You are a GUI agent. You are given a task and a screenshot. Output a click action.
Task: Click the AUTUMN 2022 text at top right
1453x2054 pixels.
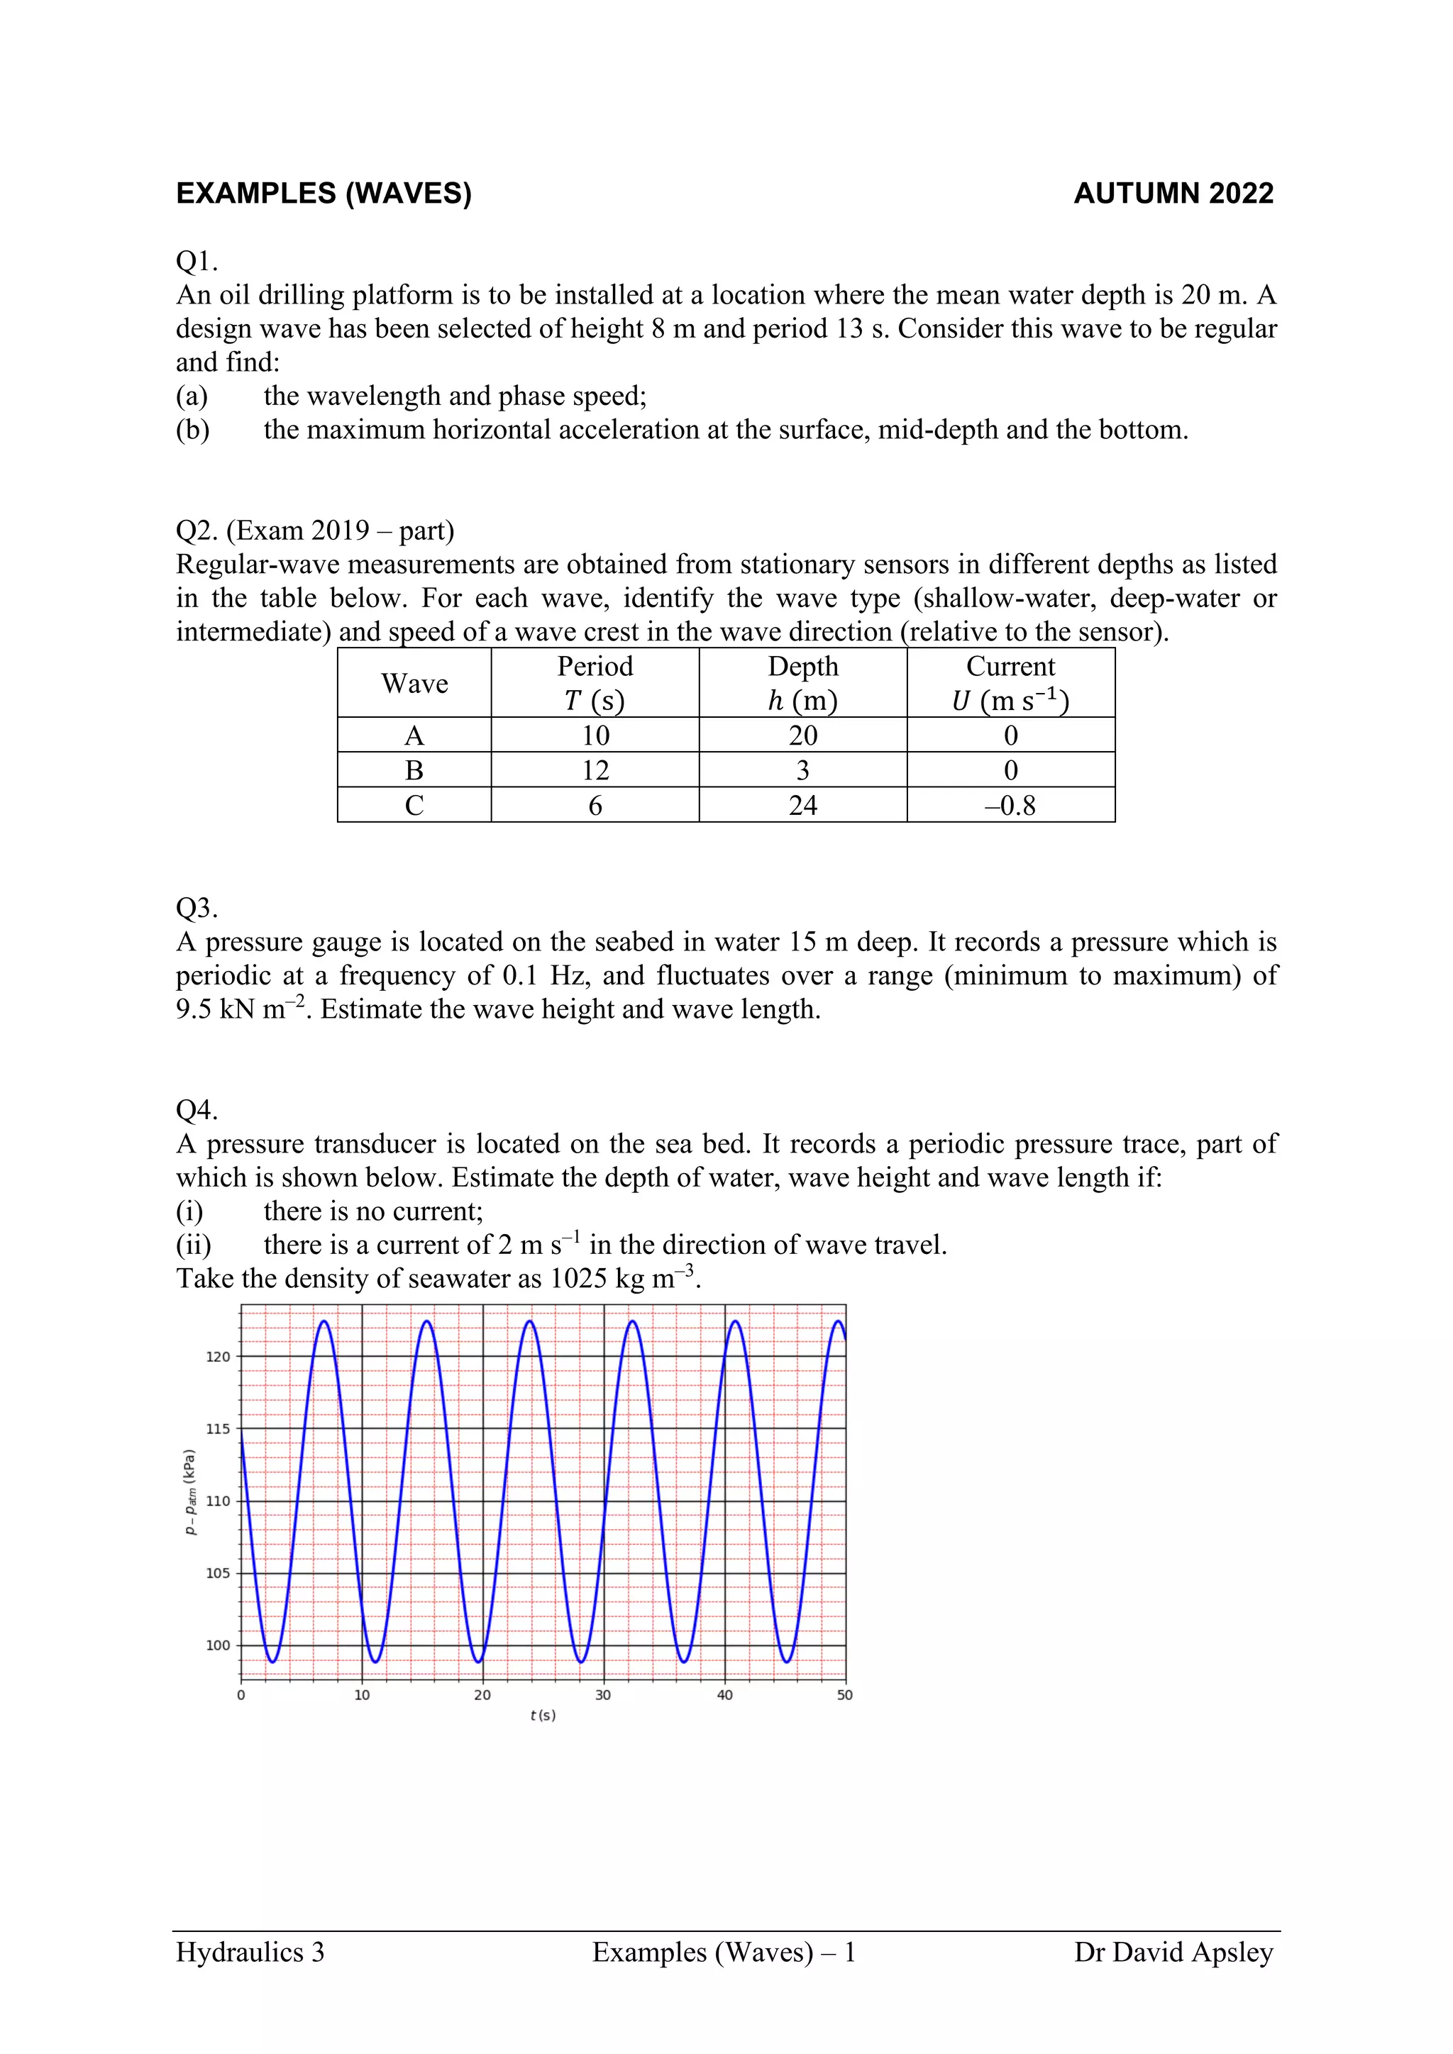(1173, 193)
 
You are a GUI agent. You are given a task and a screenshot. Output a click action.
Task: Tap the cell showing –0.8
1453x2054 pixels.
(1010, 805)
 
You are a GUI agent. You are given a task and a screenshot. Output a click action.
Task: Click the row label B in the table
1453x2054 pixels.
(414, 770)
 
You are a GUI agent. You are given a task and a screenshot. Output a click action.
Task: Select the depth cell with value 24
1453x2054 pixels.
(802, 805)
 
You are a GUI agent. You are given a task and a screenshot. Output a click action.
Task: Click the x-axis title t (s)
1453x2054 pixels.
(542, 1715)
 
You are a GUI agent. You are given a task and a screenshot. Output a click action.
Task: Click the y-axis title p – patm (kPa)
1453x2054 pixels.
(189, 1492)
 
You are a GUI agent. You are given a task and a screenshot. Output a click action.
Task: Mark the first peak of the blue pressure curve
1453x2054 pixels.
(324, 1321)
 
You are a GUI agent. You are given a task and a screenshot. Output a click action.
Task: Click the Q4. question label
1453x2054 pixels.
(197, 1110)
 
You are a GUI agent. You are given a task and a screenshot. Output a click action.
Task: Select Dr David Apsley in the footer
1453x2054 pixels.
(1173, 1951)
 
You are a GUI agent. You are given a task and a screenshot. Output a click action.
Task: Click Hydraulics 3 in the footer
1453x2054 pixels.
(250, 1951)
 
